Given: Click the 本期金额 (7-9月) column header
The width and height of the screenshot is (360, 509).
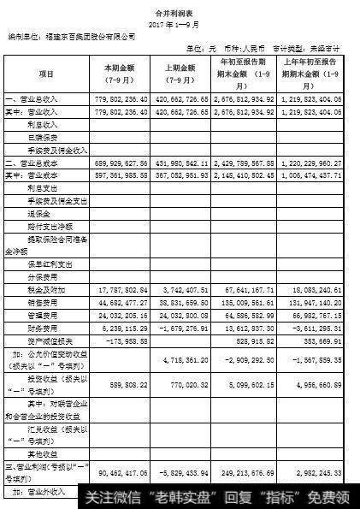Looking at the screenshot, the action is pos(119,74).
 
